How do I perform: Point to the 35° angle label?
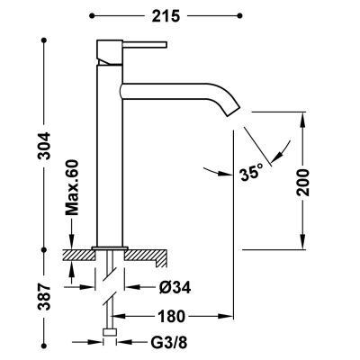coord(251,170)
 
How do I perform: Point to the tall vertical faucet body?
coord(107,153)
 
